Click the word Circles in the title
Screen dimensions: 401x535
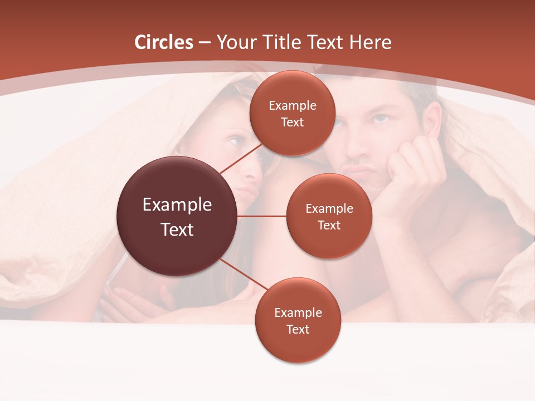tap(163, 42)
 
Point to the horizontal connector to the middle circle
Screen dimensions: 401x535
tap(262, 216)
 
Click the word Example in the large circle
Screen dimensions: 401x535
tap(177, 205)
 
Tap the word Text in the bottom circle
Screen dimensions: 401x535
tap(298, 330)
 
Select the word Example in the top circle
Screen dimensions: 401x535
tap(293, 106)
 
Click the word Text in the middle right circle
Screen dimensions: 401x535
tap(329, 226)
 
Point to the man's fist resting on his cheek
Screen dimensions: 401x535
tap(410, 167)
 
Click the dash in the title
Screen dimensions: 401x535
tap(204, 43)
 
